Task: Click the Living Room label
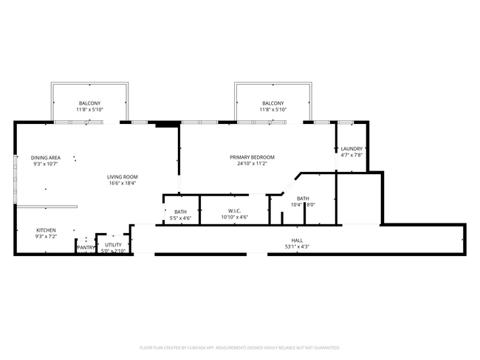[123, 176]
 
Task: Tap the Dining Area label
[46, 157]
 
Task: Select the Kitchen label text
[46, 230]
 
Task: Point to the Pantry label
[86, 247]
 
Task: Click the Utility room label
[113, 244]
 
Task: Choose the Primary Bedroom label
[252, 157]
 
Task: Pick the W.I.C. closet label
[235, 211]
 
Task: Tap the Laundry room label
[352, 148]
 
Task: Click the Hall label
[297, 240]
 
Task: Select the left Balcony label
[90, 103]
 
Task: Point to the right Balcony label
[272, 103]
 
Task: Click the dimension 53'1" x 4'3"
[297, 246]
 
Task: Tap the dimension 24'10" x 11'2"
[252, 164]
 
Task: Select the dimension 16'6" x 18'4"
[123, 183]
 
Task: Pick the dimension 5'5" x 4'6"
[180, 218]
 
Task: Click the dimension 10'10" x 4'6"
[235, 218]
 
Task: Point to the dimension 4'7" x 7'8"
[352, 155]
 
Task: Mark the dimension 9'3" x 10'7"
[46, 164]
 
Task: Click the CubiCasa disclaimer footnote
[240, 347]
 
